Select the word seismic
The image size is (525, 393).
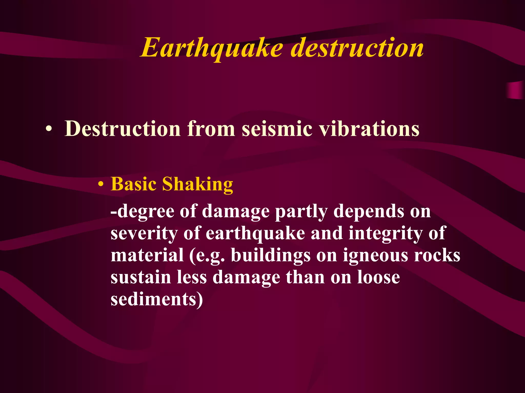277,128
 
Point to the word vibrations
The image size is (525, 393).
369,128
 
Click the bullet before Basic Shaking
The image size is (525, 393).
101,184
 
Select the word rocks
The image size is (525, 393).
437,255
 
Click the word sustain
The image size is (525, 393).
141,277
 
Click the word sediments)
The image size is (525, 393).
157,299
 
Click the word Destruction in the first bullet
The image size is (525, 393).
123,128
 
